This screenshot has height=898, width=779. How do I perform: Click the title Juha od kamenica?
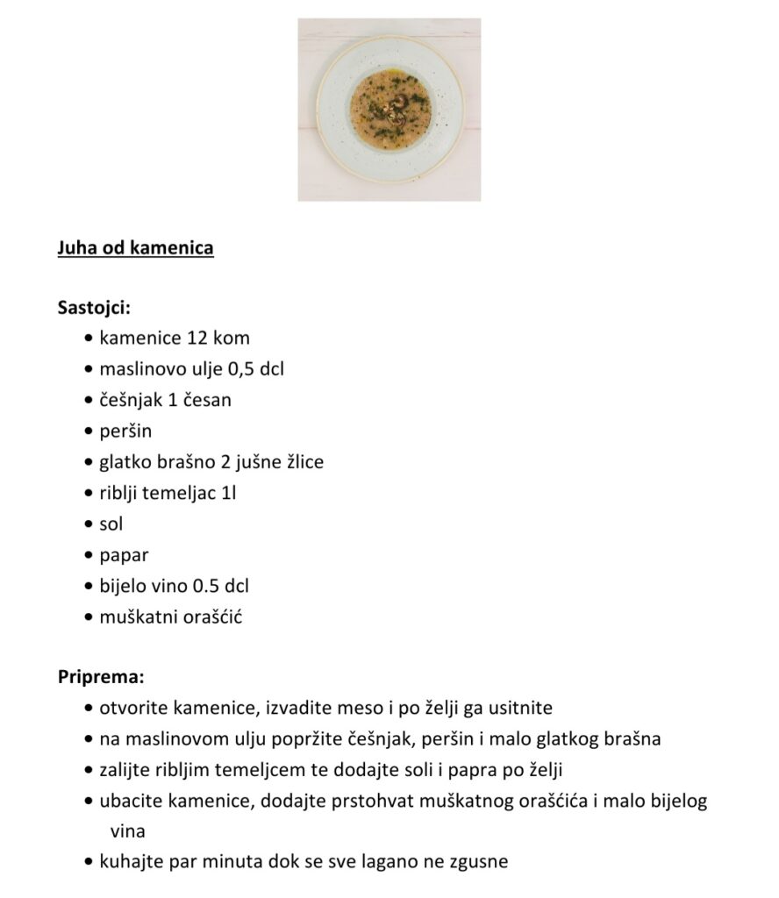point(135,248)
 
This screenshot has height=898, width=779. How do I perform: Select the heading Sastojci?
point(94,308)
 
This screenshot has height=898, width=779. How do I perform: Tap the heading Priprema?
point(101,677)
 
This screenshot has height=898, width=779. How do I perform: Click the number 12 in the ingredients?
point(197,338)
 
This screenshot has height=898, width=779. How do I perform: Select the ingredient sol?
point(111,524)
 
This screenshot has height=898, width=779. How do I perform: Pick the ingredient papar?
point(124,555)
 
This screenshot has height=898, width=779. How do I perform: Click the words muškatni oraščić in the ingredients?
point(171,616)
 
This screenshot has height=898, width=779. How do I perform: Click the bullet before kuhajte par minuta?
point(89,862)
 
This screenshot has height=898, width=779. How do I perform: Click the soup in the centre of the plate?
point(390,110)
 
